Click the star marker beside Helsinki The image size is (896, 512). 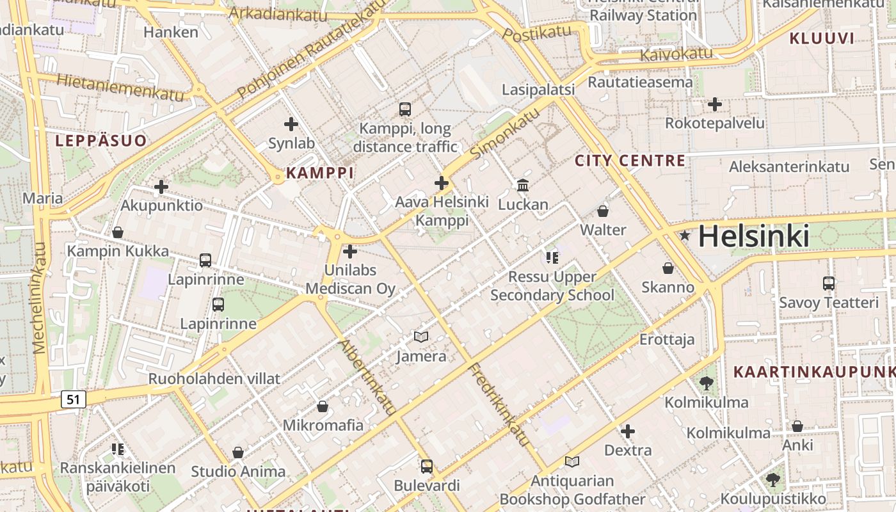(x=685, y=236)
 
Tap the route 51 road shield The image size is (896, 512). (x=74, y=400)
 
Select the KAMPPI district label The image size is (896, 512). (x=319, y=173)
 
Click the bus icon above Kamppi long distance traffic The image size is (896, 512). (x=404, y=109)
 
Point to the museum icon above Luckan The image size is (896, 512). (x=523, y=185)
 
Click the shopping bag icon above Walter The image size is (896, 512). (x=602, y=211)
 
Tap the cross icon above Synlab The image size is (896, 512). (x=291, y=124)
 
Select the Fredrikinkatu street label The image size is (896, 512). (x=499, y=404)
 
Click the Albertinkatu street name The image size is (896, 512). (x=368, y=378)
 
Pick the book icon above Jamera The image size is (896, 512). (x=420, y=337)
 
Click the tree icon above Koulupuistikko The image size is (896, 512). (x=773, y=479)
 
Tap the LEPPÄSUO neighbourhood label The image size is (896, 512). (x=101, y=141)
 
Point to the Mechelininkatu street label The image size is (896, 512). (x=40, y=298)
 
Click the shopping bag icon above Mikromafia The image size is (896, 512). (x=323, y=406)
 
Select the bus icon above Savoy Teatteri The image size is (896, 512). (x=828, y=283)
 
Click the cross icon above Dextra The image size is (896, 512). (x=628, y=431)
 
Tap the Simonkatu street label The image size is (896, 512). (x=505, y=134)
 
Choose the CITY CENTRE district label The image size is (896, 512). (x=630, y=160)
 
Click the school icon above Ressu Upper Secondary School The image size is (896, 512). (x=552, y=258)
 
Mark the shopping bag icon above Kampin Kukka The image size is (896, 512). (x=118, y=232)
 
